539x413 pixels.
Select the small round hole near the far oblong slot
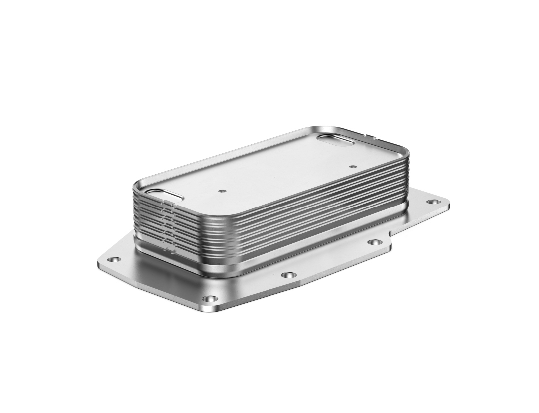353,167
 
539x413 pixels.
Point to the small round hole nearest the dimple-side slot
221,190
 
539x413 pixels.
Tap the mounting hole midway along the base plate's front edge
288,275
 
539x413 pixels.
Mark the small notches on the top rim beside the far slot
370,135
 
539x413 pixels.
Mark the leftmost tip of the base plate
97,263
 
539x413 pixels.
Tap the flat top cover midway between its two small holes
287,178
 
